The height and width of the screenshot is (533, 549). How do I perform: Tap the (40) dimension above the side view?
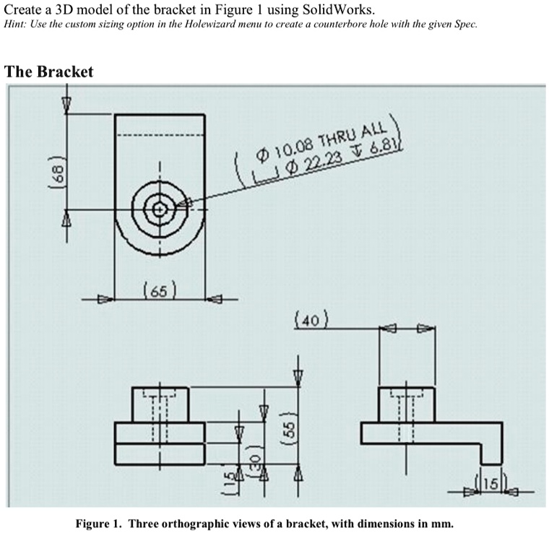click(312, 318)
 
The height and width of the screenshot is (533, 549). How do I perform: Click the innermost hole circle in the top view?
click(160, 209)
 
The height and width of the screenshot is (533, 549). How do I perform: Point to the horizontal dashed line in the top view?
click(160, 135)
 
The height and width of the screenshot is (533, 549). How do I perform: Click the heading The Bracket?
click(48, 72)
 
